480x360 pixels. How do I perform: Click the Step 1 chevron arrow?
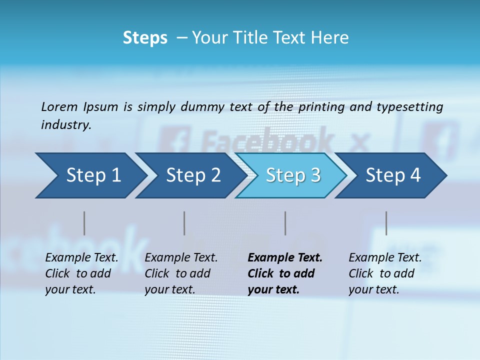90,175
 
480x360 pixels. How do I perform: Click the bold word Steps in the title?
145,38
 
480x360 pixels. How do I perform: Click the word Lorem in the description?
59,106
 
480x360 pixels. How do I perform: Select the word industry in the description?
66,125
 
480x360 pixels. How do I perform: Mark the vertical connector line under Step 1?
84,223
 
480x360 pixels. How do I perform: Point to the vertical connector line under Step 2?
184,223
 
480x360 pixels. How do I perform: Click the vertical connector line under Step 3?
285,223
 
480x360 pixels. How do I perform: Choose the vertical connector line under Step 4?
386,223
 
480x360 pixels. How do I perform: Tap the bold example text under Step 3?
284,273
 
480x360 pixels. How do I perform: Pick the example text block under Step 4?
384,273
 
